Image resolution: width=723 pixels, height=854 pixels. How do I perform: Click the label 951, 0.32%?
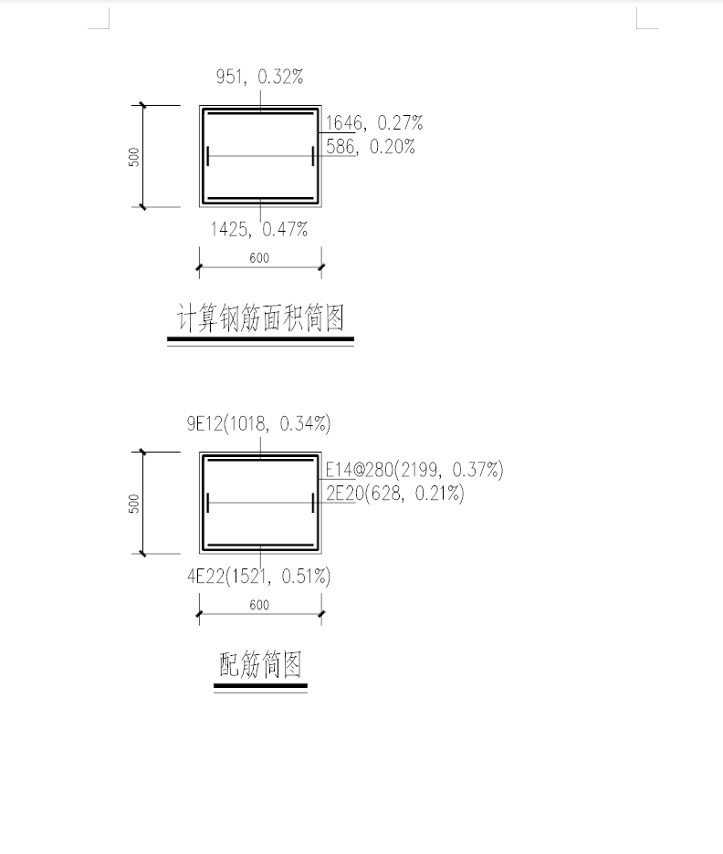pos(259,77)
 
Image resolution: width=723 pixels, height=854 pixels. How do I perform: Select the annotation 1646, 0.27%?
pos(374,122)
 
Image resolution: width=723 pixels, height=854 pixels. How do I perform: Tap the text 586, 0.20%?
pos(371,147)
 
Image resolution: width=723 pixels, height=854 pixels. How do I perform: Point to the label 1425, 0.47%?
pos(259,229)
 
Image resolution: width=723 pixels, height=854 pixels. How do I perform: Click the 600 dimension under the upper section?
pos(259,258)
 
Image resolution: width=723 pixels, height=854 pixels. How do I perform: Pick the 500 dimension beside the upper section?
pos(134,157)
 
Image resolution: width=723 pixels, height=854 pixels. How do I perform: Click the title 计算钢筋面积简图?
pos(260,318)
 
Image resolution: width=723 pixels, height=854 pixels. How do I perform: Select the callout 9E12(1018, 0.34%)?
pos(258,423)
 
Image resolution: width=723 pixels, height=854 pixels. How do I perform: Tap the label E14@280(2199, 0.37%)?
pos(414,470)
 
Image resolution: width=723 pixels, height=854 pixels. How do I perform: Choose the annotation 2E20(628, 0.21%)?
pos(395,494)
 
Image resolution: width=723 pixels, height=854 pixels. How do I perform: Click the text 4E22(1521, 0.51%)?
pos(258,577)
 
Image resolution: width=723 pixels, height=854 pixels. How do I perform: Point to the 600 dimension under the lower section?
pos(259,605)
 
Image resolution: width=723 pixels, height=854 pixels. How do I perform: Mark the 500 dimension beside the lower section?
pos(134,504)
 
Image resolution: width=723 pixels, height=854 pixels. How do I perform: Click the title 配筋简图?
pos(260,664)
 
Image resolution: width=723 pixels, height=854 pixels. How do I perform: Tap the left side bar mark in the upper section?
pos(208,156)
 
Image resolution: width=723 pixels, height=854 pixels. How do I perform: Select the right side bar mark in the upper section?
pos(313,156)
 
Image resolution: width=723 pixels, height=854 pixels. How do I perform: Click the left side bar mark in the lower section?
pos(208,503)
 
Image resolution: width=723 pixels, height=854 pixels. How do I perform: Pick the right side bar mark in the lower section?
pos(313,503)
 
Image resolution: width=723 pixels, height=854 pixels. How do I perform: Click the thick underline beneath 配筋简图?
pos(260,686)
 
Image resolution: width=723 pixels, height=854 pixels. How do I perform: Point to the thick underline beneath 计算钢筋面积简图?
pos(260,338)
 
